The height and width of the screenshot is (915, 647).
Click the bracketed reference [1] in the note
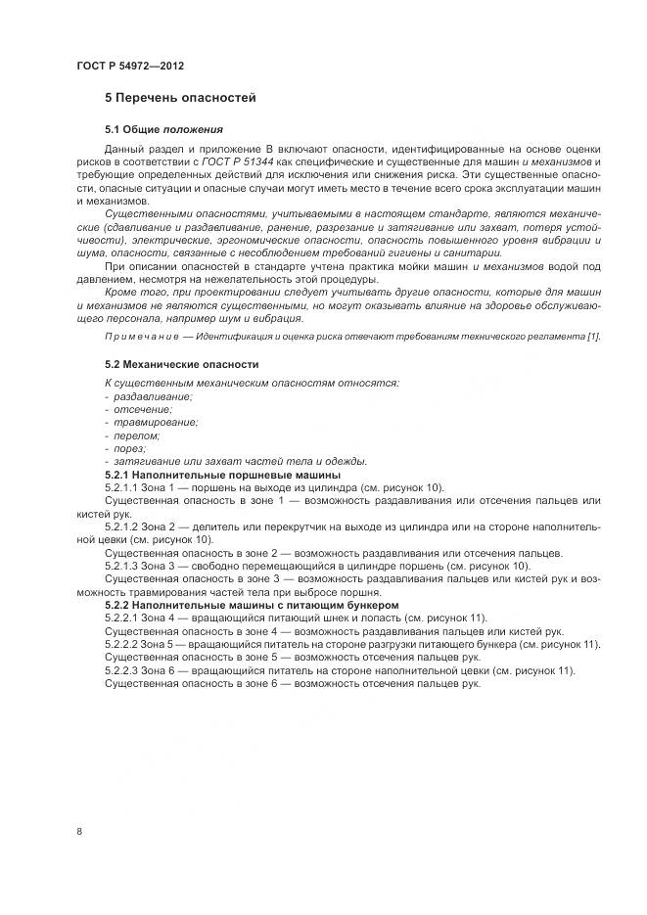(593, 337)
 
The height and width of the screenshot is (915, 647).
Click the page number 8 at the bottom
(79, 831)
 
